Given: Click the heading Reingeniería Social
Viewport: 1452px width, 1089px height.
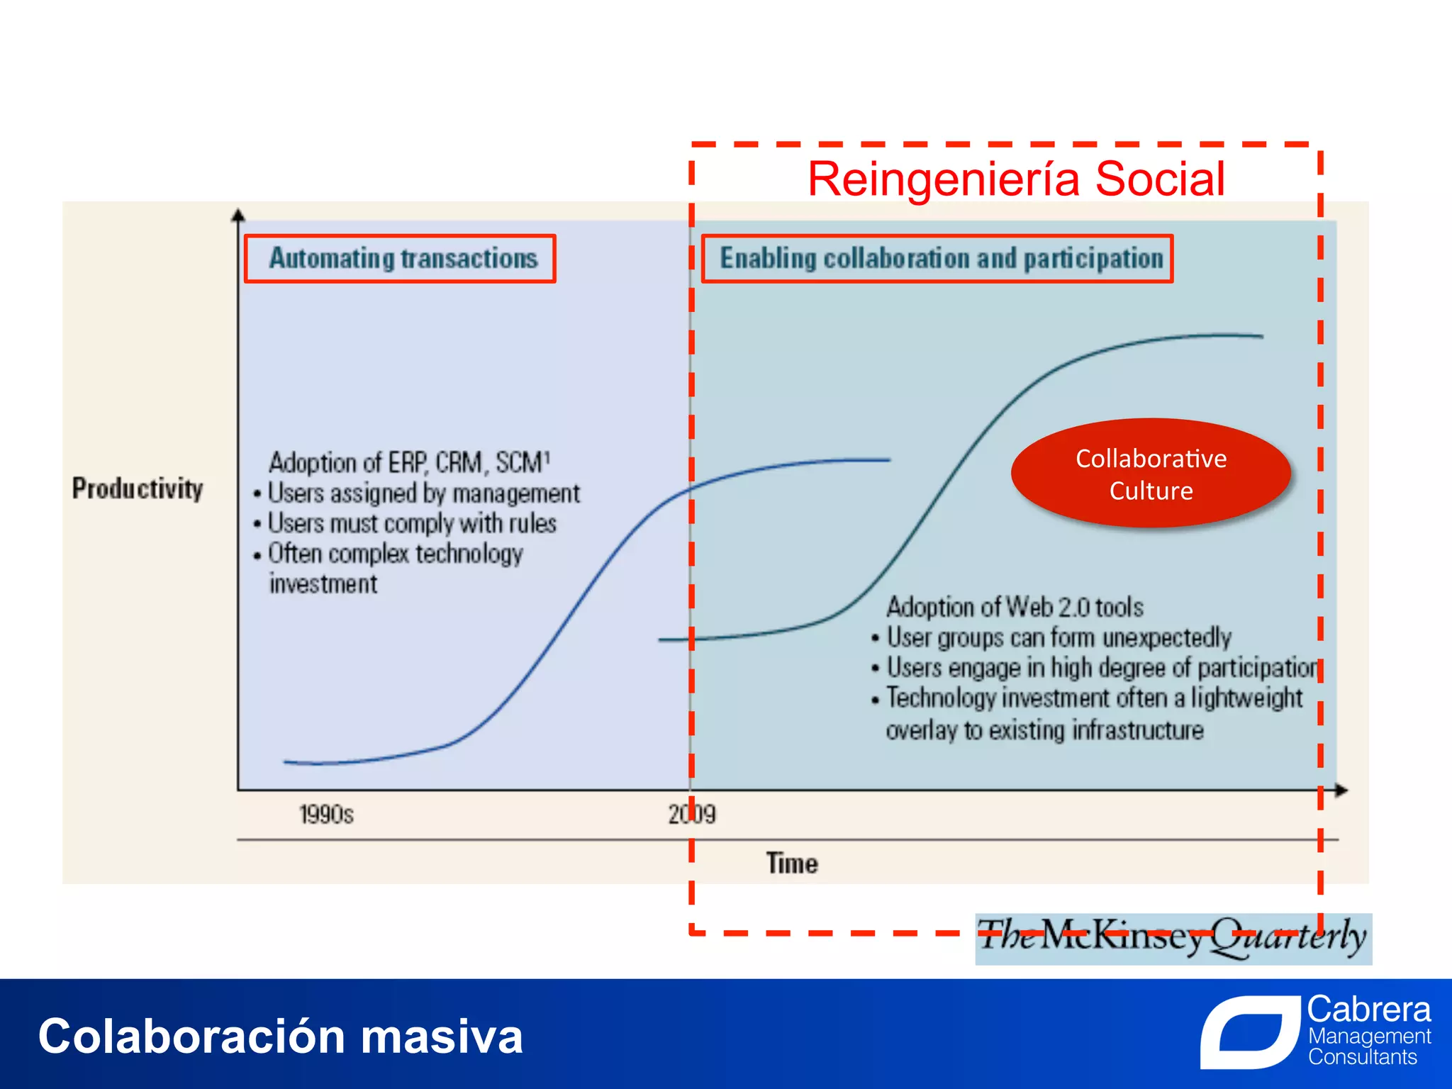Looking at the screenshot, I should [1016, 179].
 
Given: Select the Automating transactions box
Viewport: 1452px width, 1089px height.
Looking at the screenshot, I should [400, 259].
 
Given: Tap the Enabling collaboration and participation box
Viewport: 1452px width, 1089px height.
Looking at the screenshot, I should [937, 259].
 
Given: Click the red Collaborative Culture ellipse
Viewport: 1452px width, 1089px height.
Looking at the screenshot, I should [1151, 474].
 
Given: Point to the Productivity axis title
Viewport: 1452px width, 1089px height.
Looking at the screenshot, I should [138, 488].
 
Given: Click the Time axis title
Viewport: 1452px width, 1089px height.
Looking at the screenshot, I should [792, 864].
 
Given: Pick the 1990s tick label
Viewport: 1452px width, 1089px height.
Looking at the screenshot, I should [326, 814].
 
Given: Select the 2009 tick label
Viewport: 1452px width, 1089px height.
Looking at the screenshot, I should [692, 814].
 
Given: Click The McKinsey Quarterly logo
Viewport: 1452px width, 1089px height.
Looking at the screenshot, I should [1173, 938].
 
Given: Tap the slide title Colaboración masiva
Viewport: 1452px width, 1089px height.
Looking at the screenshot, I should [281, 1037].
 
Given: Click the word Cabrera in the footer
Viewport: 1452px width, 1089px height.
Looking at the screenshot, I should [1368, 1009].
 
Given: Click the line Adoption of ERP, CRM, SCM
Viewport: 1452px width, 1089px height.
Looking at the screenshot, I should [409, 463].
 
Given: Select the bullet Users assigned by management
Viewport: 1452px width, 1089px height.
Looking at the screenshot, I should [423, 493].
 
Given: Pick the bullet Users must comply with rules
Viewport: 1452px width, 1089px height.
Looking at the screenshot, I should [412, 524].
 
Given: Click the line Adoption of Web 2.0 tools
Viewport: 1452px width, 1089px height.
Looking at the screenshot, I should [1015, 608].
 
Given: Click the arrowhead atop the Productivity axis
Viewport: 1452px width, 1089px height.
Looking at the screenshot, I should [238, 215].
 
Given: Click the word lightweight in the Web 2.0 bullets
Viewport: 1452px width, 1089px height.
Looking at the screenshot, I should [1246, 698].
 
